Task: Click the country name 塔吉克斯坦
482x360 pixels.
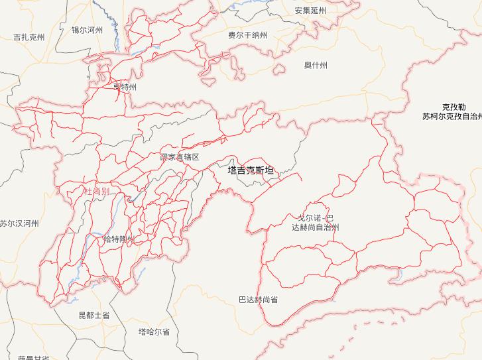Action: pos(250,170)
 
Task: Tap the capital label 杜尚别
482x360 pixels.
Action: pos(96,191)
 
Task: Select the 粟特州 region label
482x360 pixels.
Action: pos(125,87)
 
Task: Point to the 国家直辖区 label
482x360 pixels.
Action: pos(180,157)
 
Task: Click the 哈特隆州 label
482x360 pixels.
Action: pos(119,239)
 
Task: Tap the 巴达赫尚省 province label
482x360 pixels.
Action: pos(258,300)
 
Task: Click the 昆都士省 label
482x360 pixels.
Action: pos(94,315)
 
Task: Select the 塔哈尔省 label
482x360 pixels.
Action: pos(154,331)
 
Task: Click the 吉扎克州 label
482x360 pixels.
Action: pos(29,38)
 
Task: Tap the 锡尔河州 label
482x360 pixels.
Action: pos(88,30)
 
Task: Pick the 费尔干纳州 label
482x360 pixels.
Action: pos(247,35)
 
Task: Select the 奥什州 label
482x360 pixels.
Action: pos(316,65)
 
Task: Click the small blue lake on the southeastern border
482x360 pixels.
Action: pos(399,273)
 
